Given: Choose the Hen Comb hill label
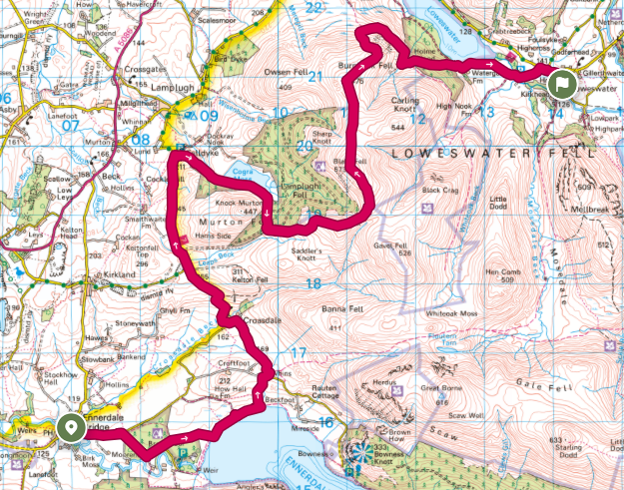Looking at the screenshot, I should (505, 271).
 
